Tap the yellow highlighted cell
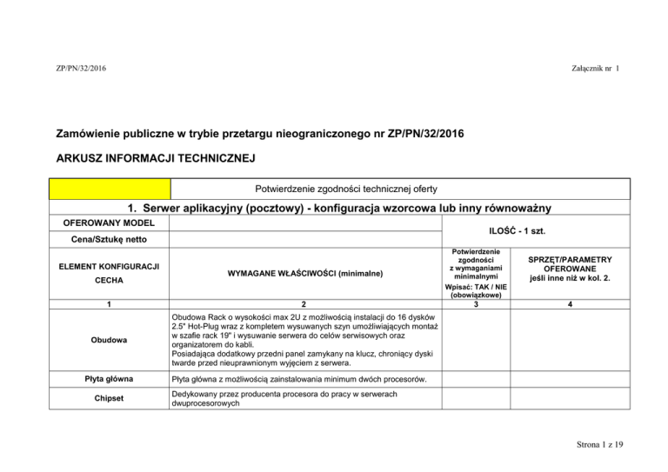(110, 189)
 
